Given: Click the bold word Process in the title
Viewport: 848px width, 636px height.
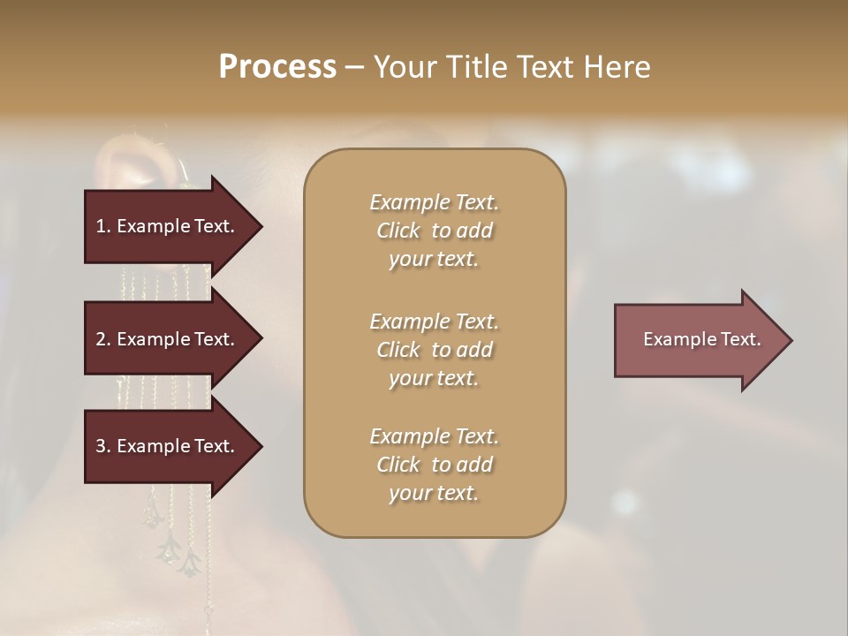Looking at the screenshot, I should click(277, 67).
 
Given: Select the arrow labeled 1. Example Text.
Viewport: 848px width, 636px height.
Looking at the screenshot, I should click(168, 226).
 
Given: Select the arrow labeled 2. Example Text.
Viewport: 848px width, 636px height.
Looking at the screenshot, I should click(168, 339).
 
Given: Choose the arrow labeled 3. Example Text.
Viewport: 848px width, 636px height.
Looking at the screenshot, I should click(168, 446).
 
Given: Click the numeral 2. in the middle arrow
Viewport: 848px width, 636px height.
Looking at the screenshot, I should click(103, 339).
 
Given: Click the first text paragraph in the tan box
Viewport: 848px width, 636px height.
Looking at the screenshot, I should click(434, 231).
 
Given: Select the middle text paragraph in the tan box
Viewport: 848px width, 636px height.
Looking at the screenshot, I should click(434, 350).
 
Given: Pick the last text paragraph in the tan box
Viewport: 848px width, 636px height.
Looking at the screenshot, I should click(434, 465).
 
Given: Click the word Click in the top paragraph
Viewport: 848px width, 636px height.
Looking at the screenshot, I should click(398, 231).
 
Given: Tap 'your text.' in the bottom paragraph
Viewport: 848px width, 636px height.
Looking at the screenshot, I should click(434, 493).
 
